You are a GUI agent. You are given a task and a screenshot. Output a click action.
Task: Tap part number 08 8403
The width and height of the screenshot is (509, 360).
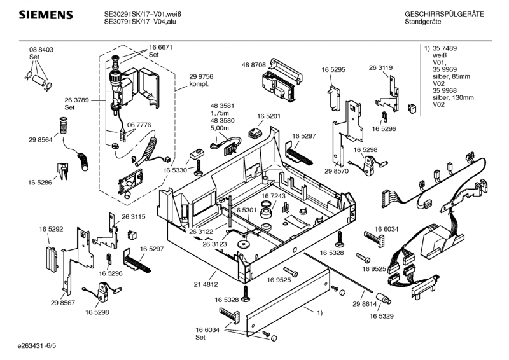coord(41,50)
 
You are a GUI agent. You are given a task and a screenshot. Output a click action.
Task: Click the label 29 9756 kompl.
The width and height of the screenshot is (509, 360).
coord(201,80)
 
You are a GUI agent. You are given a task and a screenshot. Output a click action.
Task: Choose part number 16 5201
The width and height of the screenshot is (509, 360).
coord(268,116)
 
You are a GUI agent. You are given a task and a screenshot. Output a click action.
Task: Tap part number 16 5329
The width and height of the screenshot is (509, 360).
coord(382,315)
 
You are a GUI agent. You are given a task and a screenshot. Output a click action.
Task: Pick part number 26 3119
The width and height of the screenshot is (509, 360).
coord(380,67)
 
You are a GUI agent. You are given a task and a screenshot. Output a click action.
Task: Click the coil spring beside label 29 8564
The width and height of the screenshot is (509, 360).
coord(63,127)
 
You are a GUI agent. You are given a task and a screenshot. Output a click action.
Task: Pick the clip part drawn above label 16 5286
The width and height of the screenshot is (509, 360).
coord(64,170)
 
